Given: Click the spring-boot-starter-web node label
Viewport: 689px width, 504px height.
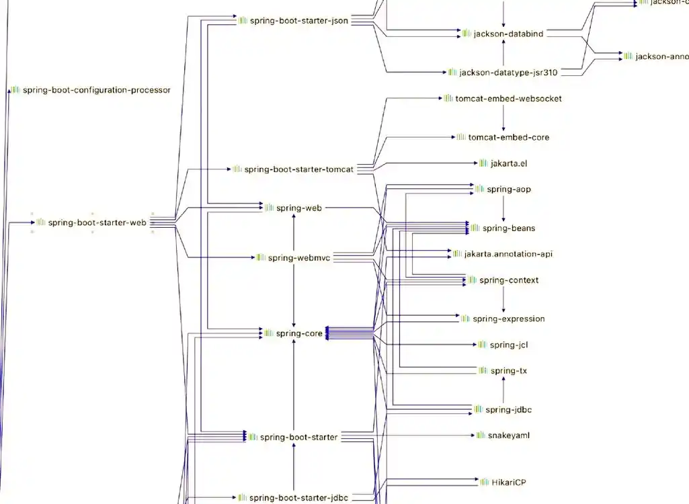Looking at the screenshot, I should coord(97,222).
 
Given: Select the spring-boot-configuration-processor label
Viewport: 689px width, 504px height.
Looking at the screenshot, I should coord(96,89).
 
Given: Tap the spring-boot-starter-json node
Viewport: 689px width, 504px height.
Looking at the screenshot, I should coord(298,20).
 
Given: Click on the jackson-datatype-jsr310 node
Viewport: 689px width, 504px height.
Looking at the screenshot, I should coord(508,72).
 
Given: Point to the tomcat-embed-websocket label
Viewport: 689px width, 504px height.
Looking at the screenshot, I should coord(508,98).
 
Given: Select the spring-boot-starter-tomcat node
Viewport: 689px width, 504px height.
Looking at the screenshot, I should coord(298,169).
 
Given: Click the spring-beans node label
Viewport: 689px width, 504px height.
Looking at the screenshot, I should coord(508,228).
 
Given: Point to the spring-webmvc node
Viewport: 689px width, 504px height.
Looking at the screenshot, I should coord(298,257).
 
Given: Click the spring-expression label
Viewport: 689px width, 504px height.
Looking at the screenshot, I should coord(508,319).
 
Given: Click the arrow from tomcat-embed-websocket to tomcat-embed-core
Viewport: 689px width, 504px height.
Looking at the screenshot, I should coord(503,118).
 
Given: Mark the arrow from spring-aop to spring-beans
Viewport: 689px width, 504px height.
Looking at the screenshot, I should coord(503,209).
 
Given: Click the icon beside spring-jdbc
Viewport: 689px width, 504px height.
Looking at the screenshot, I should coord(479,409).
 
